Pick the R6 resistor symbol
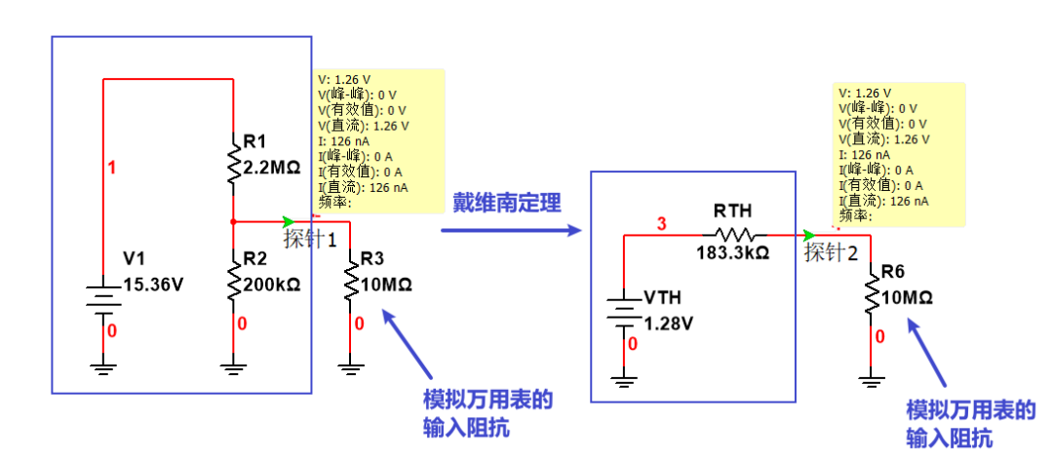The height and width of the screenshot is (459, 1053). [x=871, y=293]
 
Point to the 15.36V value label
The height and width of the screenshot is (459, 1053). [x=154, y=286]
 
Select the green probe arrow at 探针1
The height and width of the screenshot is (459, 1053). [x=287, y=221]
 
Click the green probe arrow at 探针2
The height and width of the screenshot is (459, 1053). [x=808, y=235]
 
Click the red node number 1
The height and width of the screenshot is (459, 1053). [x=111, y=168]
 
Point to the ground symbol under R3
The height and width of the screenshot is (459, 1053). [x=350, y=367]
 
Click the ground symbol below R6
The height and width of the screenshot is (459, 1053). [x=871, y=374]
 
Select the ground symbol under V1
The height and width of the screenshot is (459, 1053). [x=102, y=367]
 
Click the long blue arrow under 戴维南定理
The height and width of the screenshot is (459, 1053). [x=510, y=231]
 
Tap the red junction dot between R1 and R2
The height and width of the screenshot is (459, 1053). [x=233, y=221]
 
